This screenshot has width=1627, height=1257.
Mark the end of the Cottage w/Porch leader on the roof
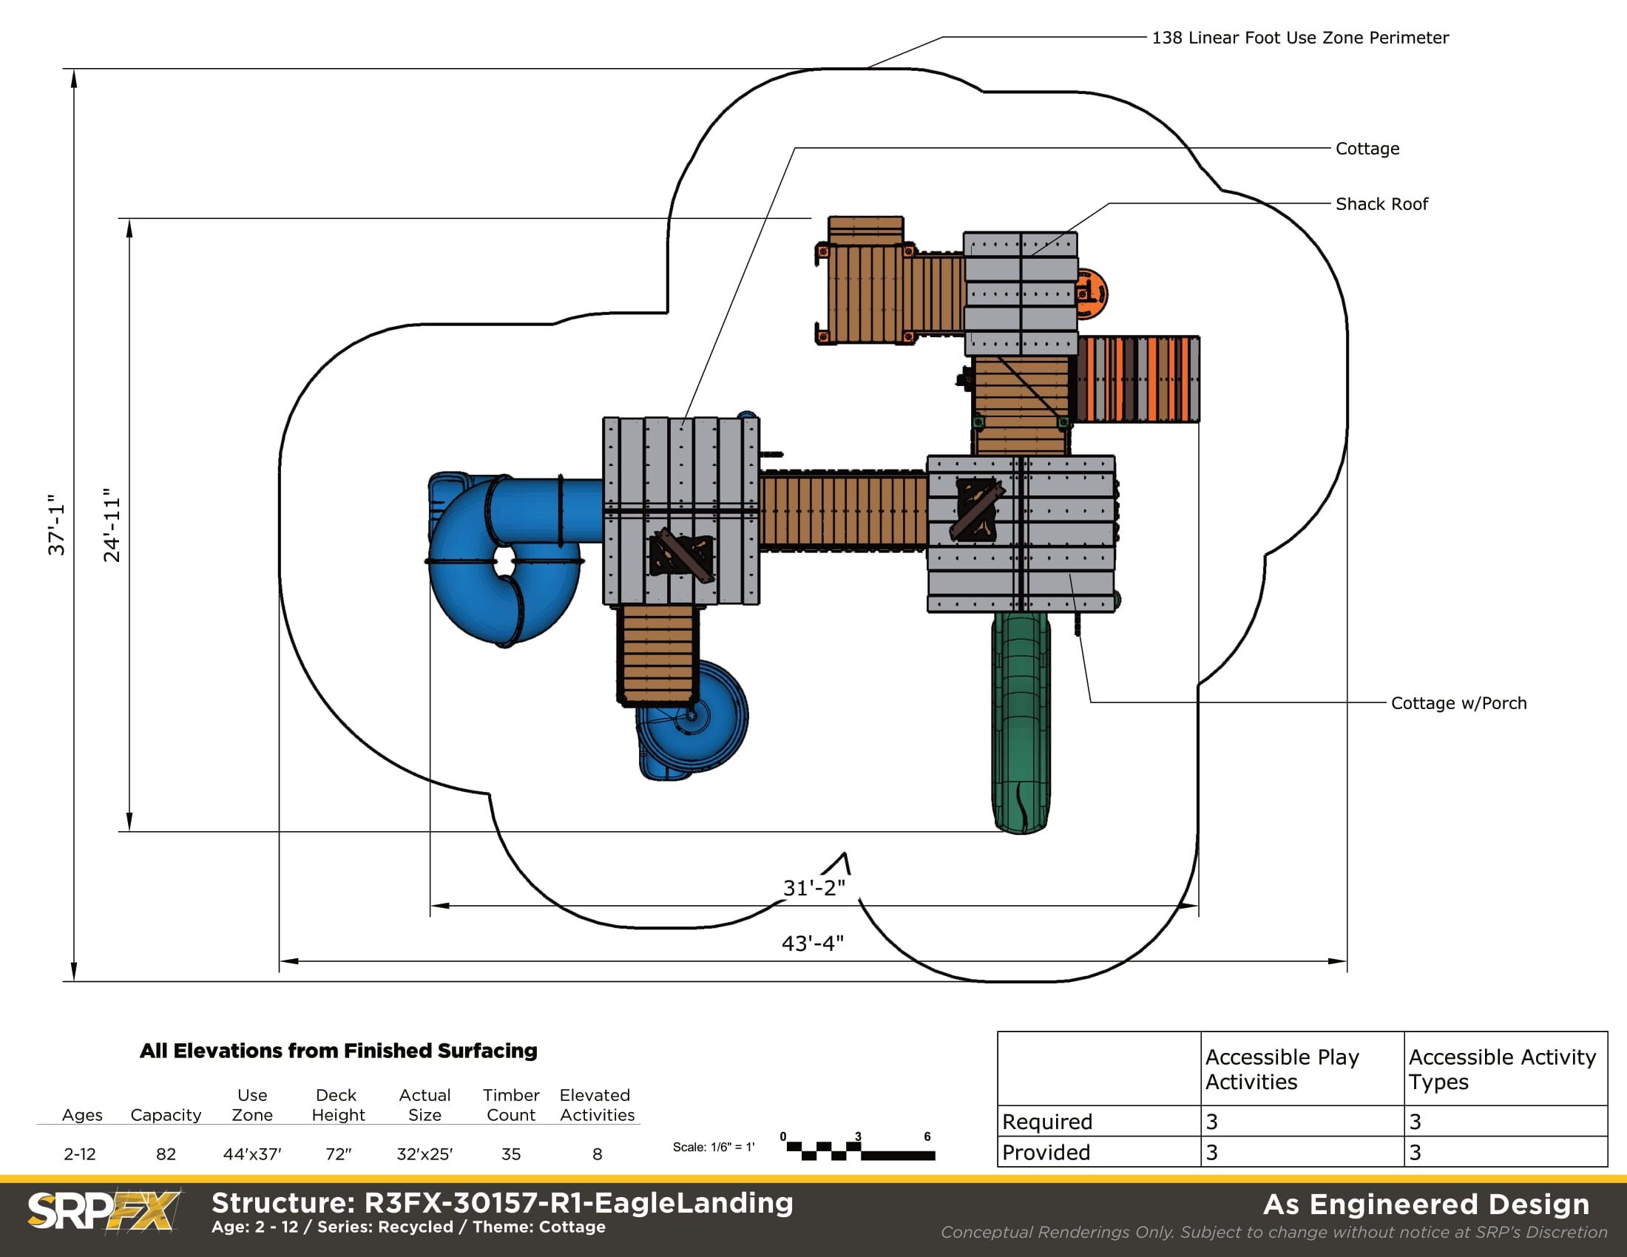[1071, 574]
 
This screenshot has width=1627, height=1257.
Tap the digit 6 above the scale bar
[927, 1136]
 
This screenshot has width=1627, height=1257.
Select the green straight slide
[1021, 721]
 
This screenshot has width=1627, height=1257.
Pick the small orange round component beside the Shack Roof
[1092, 292]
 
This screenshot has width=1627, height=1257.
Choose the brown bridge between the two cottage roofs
[843, 511]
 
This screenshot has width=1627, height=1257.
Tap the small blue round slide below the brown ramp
[692, 720]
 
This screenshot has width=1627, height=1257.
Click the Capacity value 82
[166, 1153]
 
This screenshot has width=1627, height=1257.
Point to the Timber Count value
[511, 1153]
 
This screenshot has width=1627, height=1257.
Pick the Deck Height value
[338, 1153]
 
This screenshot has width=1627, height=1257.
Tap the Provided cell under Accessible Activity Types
[1506, 1152]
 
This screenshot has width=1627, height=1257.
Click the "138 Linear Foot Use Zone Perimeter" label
[1300, 37]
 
